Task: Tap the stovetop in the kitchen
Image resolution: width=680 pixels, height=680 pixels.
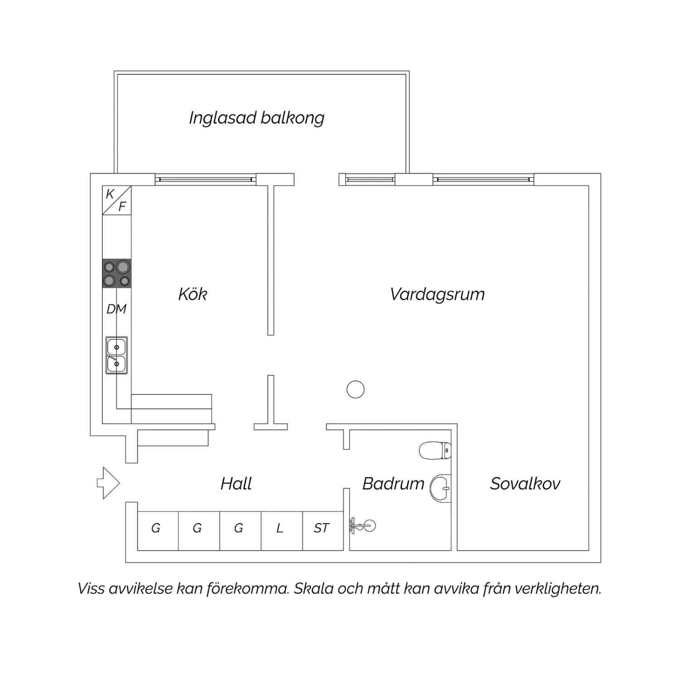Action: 117,273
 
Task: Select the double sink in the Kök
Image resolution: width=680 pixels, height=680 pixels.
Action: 117,355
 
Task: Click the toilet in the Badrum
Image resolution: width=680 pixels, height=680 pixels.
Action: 435,451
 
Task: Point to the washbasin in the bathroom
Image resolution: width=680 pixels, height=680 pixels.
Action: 440,488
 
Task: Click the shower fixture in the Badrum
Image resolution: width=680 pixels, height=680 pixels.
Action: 363,526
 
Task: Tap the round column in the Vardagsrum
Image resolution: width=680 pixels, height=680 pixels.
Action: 355,389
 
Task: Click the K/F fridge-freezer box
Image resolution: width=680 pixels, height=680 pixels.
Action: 117,200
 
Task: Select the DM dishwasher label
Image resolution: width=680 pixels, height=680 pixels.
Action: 117,309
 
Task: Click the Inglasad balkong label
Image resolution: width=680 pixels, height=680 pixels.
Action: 257,118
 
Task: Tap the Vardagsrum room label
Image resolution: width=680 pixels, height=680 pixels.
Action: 437,295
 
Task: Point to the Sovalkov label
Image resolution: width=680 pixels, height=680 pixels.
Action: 525,484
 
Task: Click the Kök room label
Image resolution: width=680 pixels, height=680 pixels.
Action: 193,294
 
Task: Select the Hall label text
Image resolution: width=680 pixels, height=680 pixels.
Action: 236,484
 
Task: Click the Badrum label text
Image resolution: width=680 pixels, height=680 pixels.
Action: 393,484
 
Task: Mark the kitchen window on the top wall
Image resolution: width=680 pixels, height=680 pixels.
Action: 206,180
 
